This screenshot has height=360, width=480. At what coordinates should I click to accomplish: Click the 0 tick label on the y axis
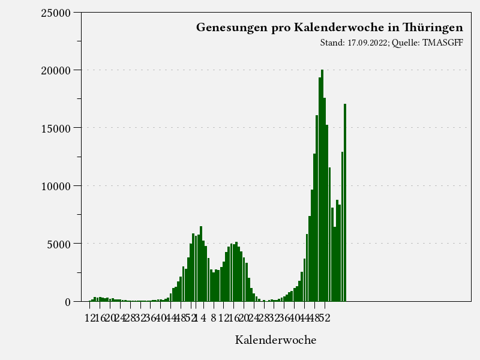[68, 302]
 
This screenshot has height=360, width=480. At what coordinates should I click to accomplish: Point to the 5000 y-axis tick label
[59, 244]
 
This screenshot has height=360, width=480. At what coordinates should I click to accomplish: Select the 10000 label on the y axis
[56, 186]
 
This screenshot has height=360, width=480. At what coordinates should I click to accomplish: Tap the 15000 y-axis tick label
[56, 128]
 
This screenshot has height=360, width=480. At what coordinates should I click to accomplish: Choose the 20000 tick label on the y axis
[56, 70]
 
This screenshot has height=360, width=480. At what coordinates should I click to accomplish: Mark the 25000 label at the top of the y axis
[56, 13]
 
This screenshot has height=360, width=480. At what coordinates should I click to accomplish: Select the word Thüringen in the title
[433, 28]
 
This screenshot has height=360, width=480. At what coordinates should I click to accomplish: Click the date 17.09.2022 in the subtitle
[368, 43]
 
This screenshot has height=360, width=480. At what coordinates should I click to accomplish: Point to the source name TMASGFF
[443, 43]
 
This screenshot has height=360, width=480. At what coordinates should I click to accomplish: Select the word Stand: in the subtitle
[333, 43]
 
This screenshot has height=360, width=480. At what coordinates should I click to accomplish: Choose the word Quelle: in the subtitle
[406, 43]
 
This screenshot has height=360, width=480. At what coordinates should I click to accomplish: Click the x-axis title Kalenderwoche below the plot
[275, 340]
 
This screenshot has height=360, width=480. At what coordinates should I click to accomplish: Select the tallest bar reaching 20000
[322, 186]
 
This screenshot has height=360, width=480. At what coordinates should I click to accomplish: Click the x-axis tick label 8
[214, 318]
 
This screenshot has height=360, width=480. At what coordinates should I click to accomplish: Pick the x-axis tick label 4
[203, 318]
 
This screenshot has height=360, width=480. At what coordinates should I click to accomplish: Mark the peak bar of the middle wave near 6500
[201, 264]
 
